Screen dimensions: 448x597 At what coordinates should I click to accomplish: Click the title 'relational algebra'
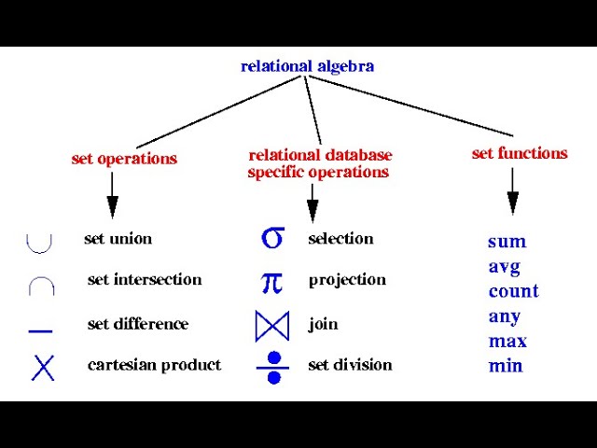pyautogui.click(x=307, y=66)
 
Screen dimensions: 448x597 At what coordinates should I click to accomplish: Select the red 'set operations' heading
pyautogui.click(x=124, y=159)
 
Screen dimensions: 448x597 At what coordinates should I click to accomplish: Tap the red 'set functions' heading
pyautogui.click(x=520, y=154)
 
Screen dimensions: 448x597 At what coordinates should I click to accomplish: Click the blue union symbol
pyautogui.click(x=39, y=242)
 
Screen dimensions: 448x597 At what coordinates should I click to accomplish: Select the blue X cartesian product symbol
pyautogui.click(x=43, y=367)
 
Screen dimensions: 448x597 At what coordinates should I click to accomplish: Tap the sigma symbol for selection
pyautogui.click(x=271, y=238)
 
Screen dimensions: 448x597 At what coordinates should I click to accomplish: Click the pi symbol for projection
pyautogui.click(x=271, y=281)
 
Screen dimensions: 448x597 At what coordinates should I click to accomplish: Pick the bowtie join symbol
pyautogui.click(x=272, y=325)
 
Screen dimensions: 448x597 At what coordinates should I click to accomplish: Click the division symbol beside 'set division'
pyautogui.click(x=273, y=367)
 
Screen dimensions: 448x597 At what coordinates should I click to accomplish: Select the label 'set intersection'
pyautogui.click(x=145, y=280)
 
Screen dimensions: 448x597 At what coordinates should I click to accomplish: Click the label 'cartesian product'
pyautogui.click(x=154, y=365)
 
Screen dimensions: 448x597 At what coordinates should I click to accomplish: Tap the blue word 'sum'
pyautogui.click(x=507, y=242)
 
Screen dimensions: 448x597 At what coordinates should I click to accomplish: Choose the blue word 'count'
pyautogui.click(x=513, y=291)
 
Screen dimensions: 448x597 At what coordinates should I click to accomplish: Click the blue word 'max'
pyautogui.click(x=507, y=341)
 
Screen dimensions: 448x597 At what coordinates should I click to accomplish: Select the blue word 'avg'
pyautogui.click(x=505, y=267)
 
